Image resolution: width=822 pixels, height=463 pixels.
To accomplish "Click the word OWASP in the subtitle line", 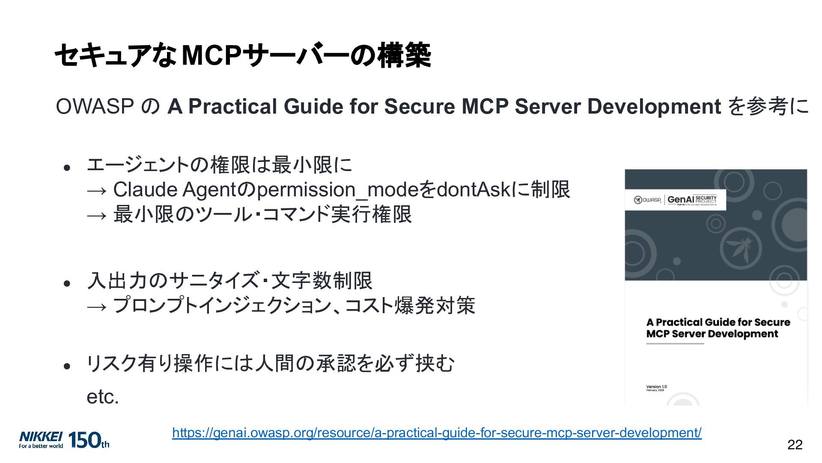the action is (95, 106).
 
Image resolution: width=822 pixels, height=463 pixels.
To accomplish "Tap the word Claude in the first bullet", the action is (145, 189).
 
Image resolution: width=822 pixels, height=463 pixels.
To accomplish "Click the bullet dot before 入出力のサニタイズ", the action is (67, 283).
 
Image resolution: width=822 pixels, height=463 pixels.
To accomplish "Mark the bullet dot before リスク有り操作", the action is (67, 366).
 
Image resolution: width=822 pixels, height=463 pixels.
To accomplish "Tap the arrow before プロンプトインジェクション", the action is (96, 307).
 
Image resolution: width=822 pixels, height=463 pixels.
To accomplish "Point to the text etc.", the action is (102, 397).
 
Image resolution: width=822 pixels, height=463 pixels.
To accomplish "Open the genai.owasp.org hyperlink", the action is (437, 433).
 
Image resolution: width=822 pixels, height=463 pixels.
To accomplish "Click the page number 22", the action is (795, 445).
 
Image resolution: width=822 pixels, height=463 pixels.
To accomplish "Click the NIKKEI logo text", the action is (41, 437).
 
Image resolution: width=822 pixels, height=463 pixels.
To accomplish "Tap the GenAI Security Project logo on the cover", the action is (691, 200).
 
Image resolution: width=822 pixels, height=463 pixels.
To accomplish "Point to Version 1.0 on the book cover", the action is (656, 387).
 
